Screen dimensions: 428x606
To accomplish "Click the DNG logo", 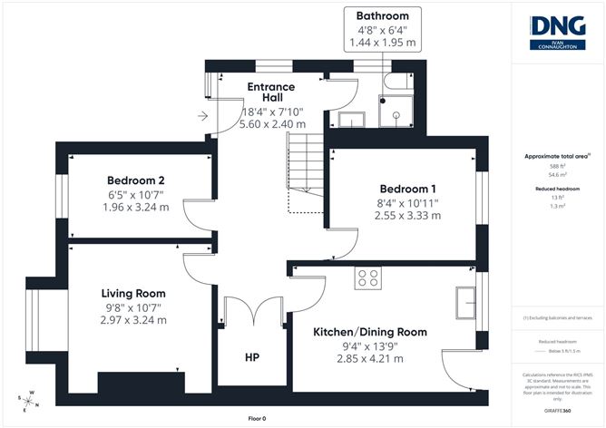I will click(x=557, y=32).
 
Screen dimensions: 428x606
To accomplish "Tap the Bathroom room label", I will click(x=382, y=16).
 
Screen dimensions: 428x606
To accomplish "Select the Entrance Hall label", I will click(x=271, y=92).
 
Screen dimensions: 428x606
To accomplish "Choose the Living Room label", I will click(x=133, y=293).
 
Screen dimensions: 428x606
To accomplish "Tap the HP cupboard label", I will click(x=251, y=357).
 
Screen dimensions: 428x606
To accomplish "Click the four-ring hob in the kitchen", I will click(x=367, y=279).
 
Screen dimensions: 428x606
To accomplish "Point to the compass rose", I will click(x=27, y=398).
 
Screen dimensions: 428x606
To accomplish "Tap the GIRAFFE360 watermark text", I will click(x=557, y=411).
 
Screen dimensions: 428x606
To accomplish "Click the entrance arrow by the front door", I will click(x=202, y=116).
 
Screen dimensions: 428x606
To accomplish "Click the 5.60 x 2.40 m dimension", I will click(x=272, y=123).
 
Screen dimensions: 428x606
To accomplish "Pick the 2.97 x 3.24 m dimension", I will click(x=133, y=320).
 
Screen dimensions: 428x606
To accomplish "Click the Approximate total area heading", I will click(x=557, y=156).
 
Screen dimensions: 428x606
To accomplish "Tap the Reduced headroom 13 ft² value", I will click(x=557, y=197).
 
